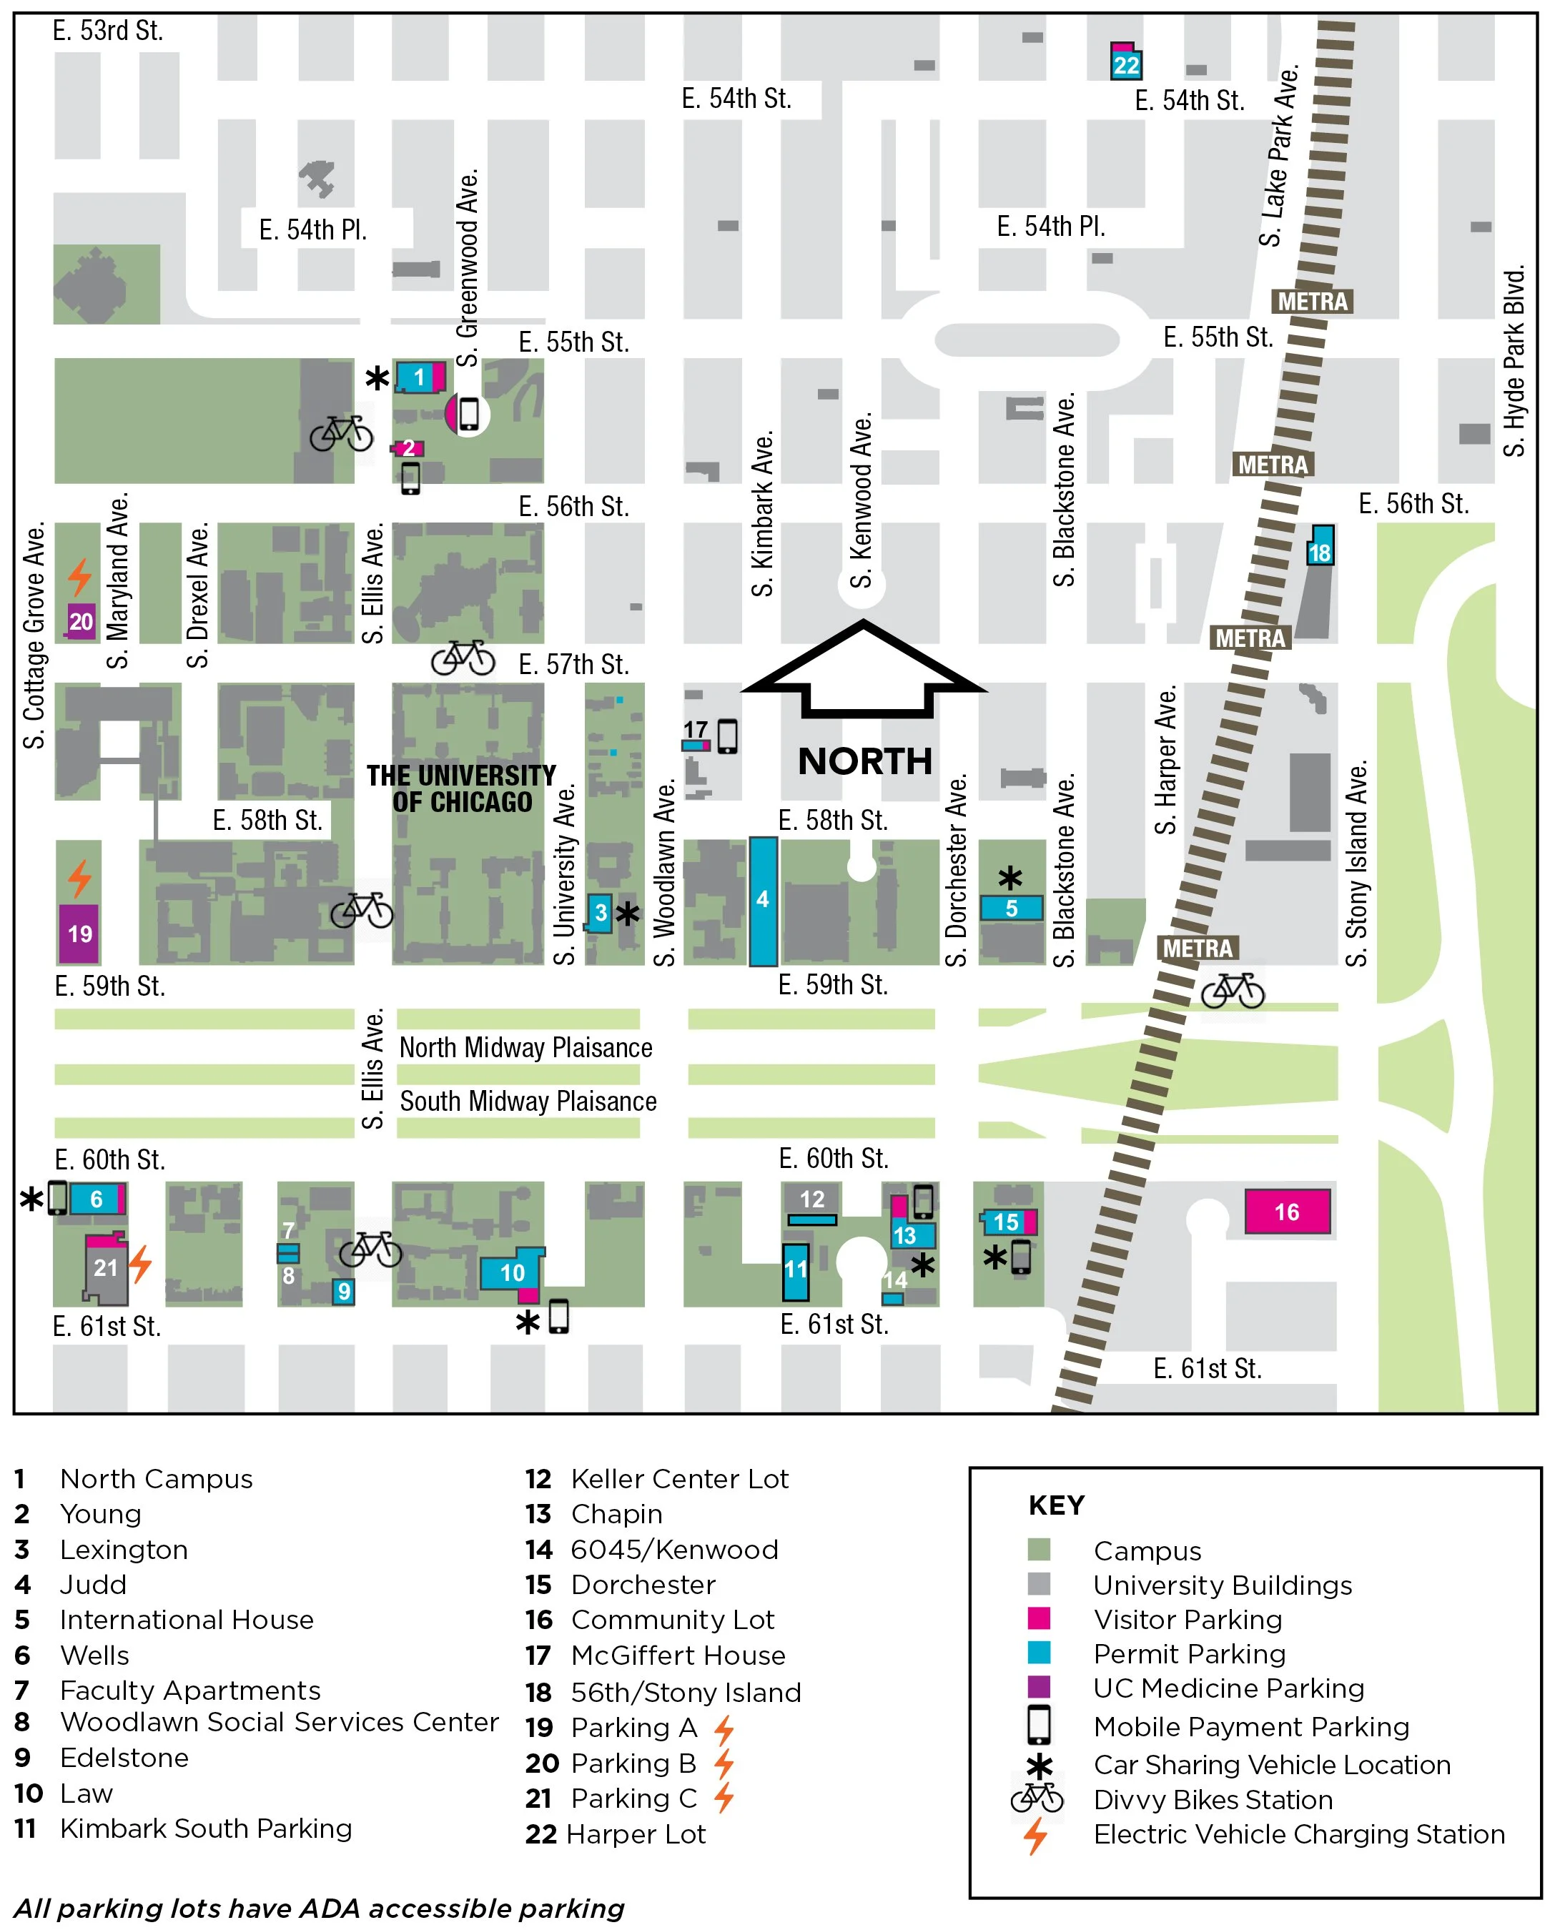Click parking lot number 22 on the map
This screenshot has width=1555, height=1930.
click(x=1126, y=64)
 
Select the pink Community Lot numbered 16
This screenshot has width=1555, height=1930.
click(x=1287, y=1212)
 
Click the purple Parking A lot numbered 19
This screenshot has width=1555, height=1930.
click(x=80, y=934)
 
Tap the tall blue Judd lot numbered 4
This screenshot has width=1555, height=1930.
click(x=762, y=900)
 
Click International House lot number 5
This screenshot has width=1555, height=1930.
click(x=1012, y=908)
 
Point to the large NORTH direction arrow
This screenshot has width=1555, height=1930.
click(x=864, y=672)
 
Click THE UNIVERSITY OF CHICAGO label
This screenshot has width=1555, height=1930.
click(x=461, y=788)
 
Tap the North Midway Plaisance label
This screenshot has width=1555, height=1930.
click(x=525, y=1047)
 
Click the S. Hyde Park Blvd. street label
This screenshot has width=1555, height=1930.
click(x=1513, y=361)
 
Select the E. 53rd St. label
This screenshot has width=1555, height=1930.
click(x=107, y=31)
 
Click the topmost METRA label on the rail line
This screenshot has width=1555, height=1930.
click(x=1312, y=301)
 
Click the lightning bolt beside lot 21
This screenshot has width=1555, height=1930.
click(x=141, y=1263)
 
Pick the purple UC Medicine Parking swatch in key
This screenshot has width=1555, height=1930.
click(x=1039, y=1686)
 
